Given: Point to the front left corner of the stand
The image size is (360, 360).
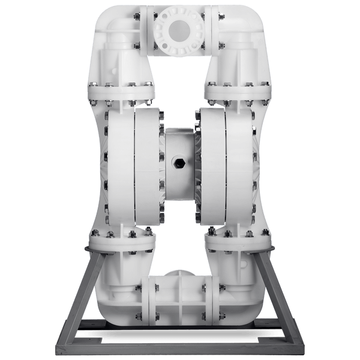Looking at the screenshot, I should click(x=60, y=346).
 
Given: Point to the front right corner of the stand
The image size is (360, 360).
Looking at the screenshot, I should click(x=300, y=346).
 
